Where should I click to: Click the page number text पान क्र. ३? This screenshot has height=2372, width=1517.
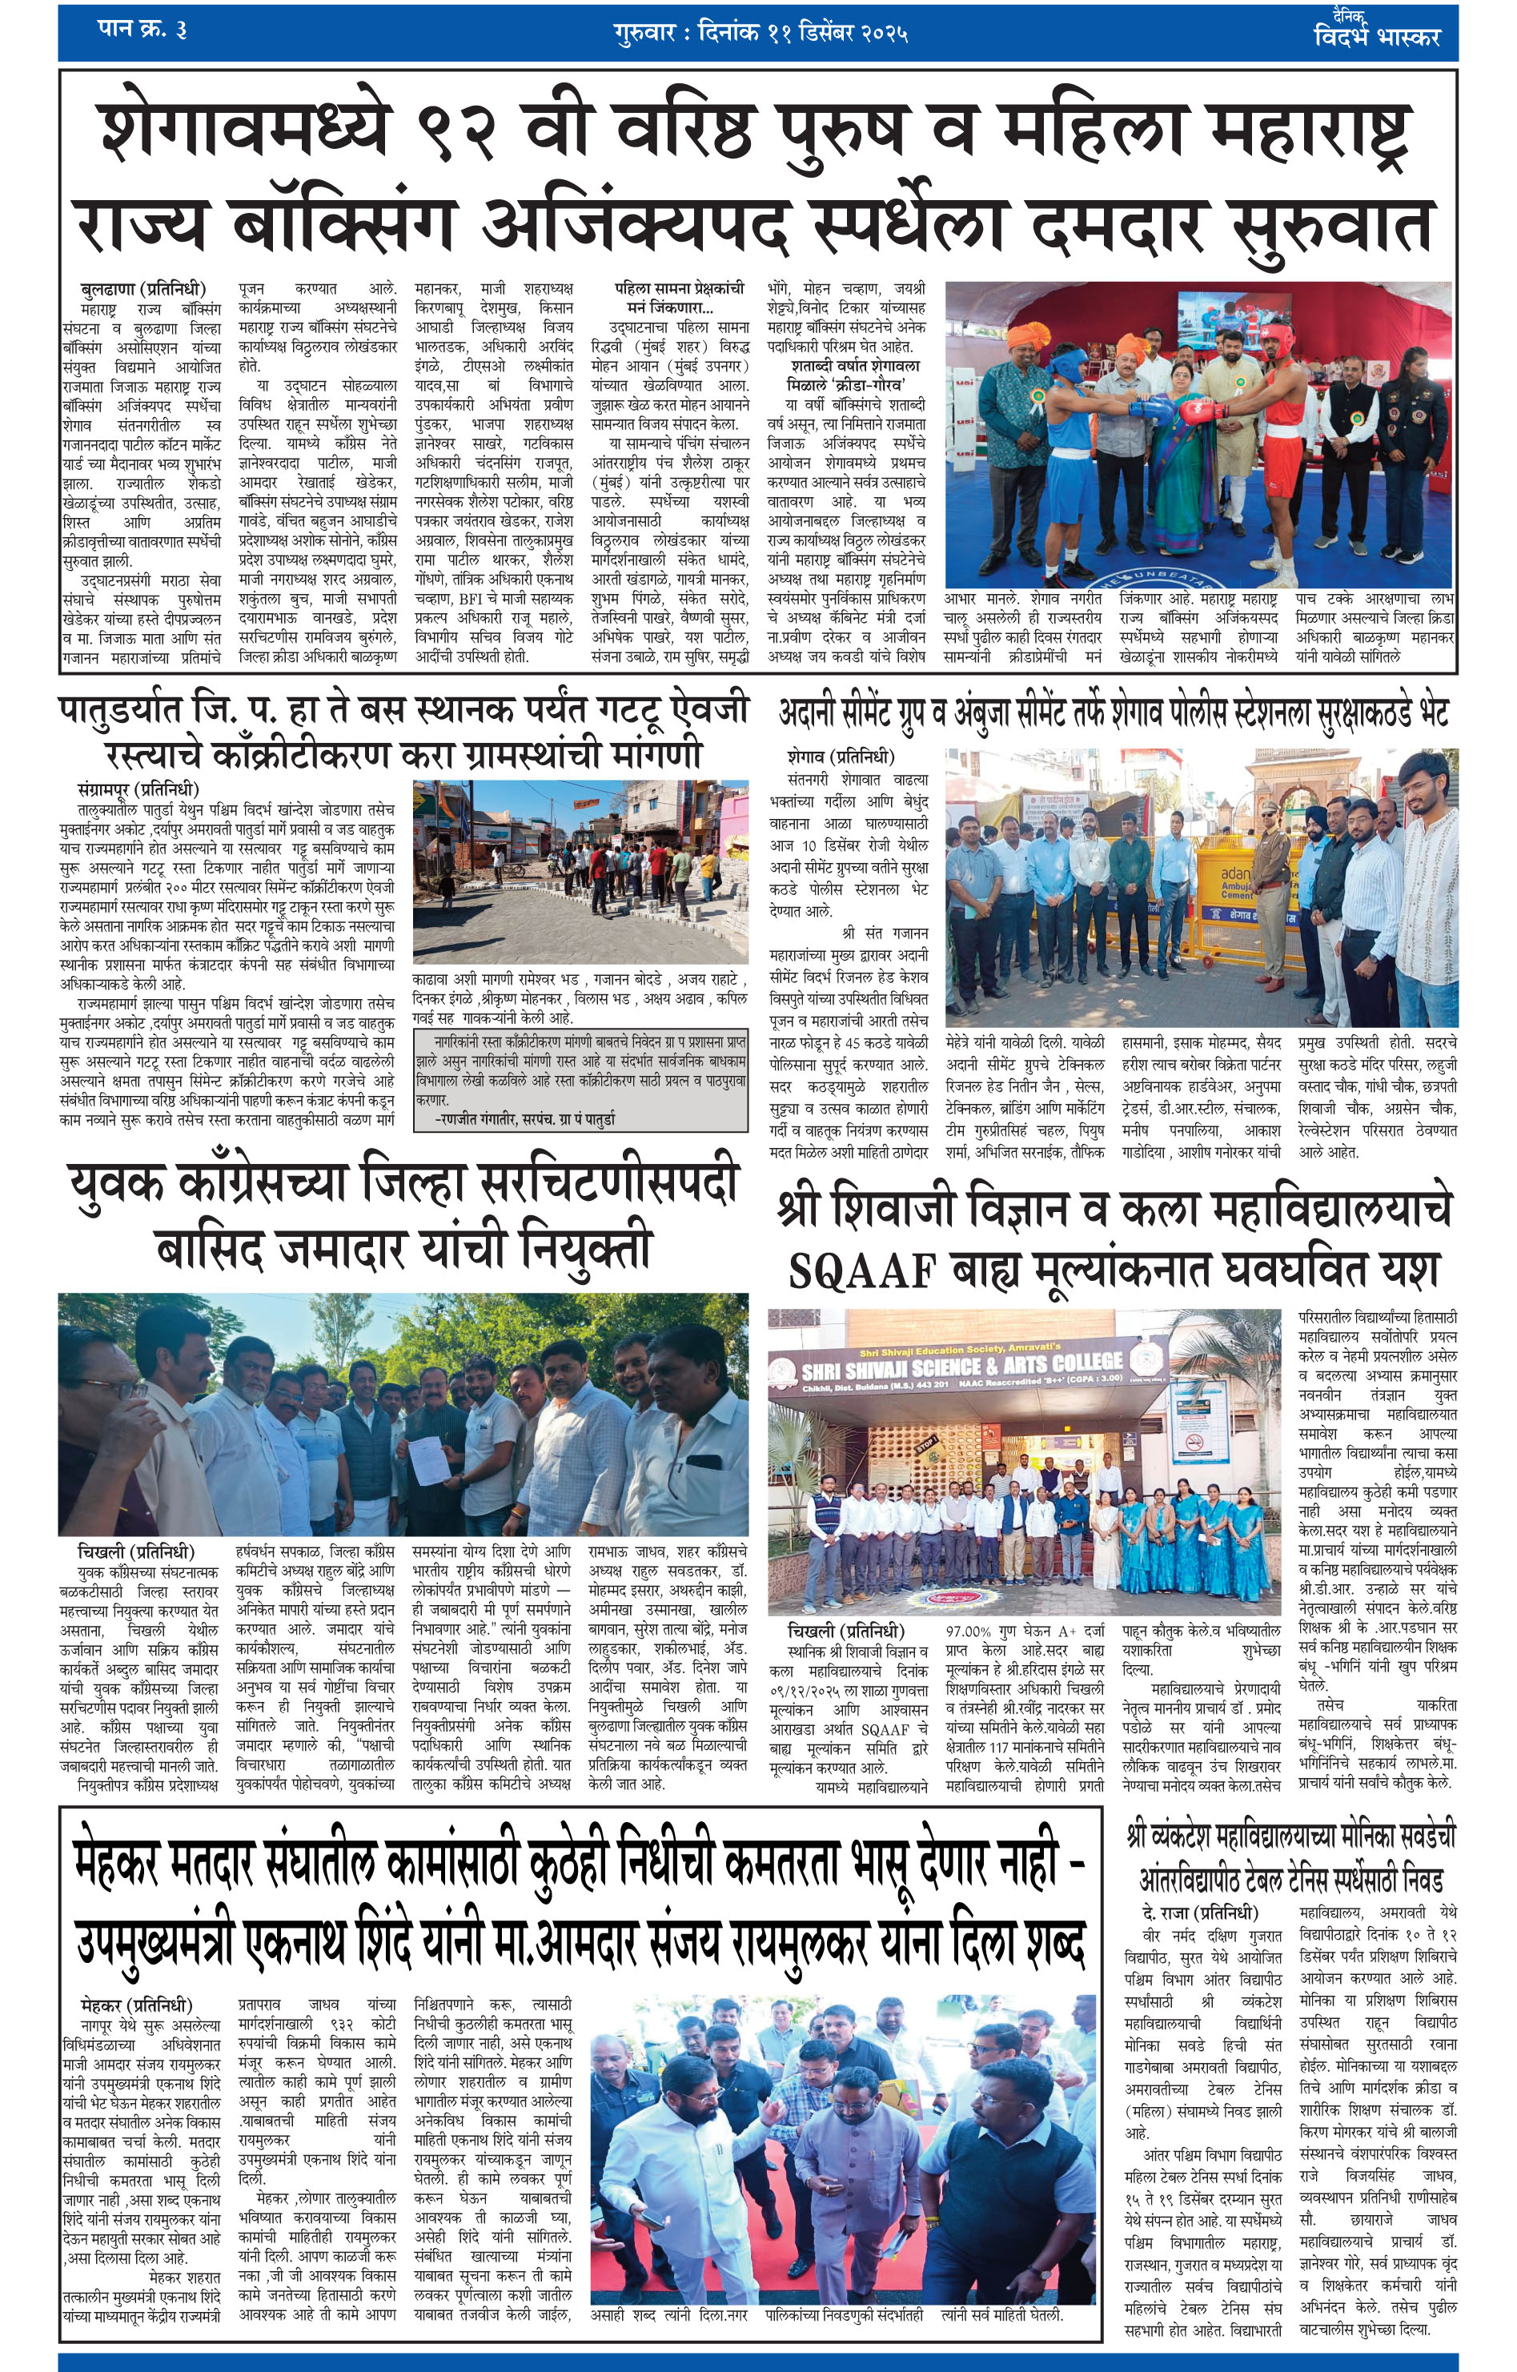[x=142, y=29]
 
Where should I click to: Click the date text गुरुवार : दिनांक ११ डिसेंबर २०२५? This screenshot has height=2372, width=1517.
[x=760, y=33]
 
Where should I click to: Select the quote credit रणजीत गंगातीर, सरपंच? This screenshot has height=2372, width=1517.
[x=526, y=1119]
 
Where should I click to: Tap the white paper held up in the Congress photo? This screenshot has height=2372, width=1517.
[x=427, y=1459]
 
